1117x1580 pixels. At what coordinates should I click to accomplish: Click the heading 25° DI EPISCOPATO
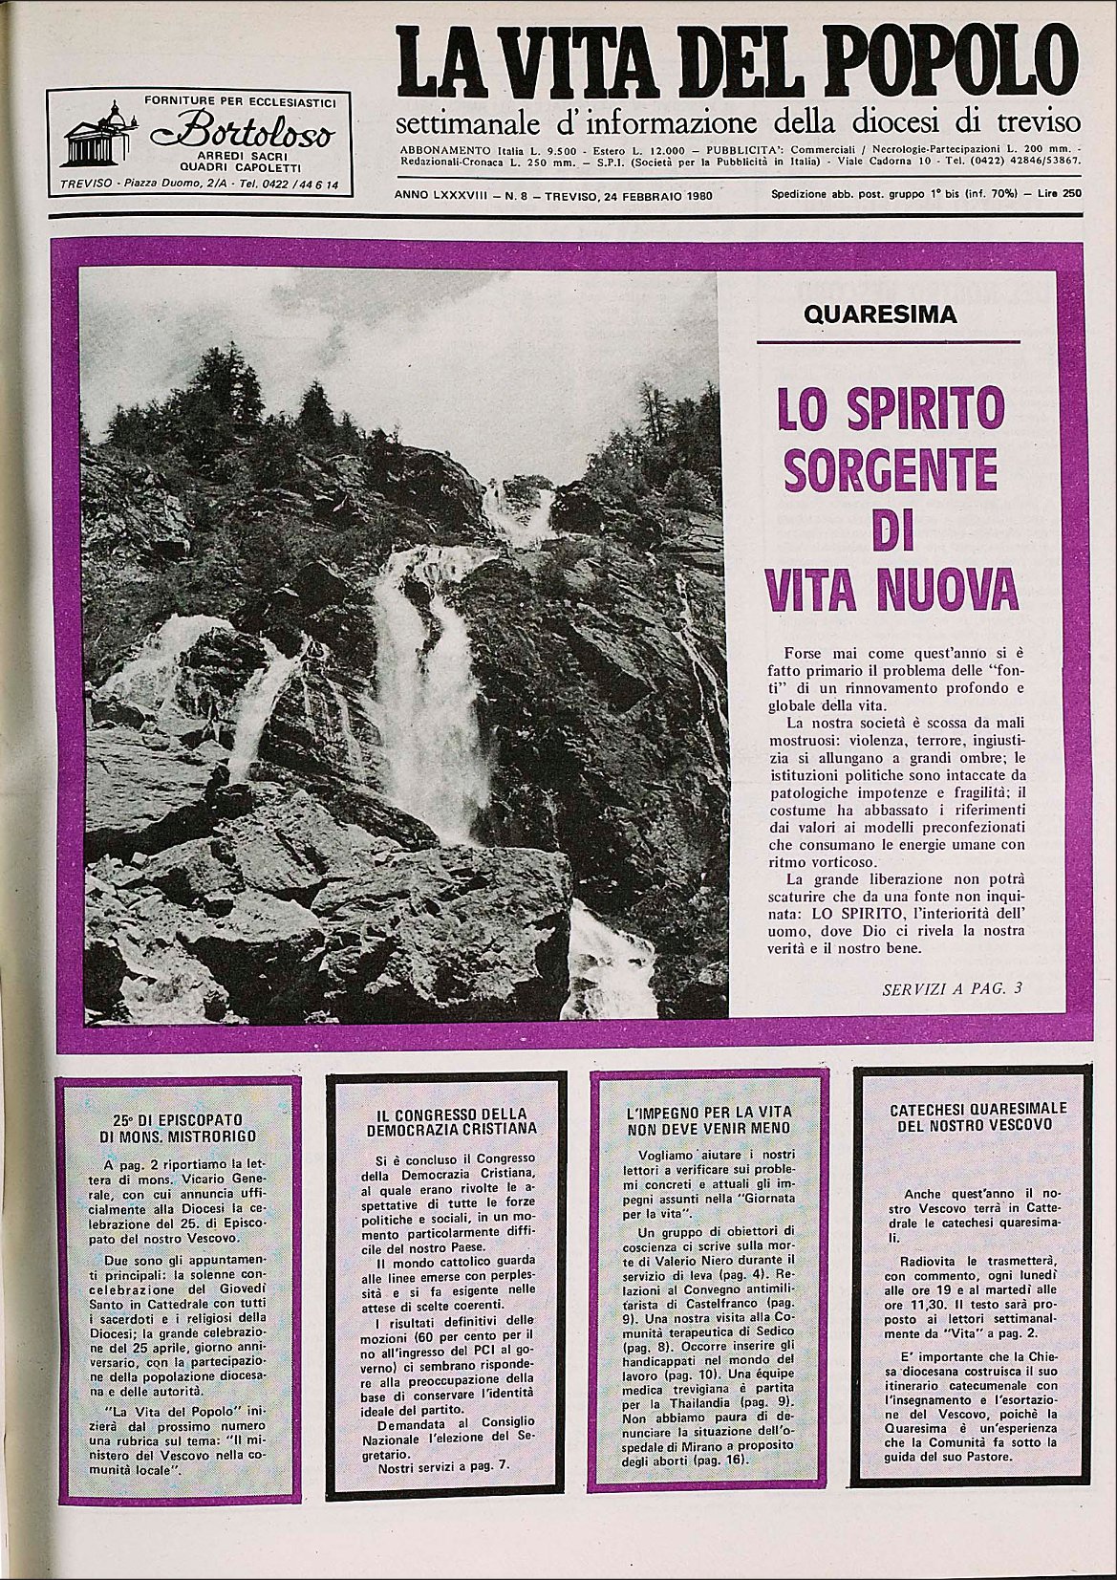(x=178, y=1117)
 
